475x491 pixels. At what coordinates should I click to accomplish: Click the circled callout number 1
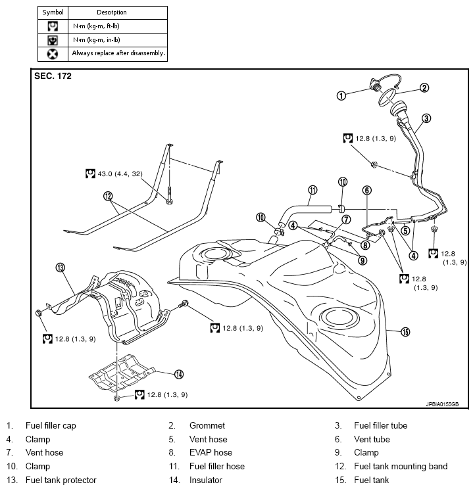pos(341,95)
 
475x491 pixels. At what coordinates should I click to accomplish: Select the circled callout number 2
pos(425,87)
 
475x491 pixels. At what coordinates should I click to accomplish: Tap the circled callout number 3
pos(426,118)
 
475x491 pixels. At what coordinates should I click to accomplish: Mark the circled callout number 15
pos(405,333)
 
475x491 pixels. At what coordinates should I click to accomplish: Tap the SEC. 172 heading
pos(53,76)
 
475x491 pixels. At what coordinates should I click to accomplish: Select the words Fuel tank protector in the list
pos(61,480)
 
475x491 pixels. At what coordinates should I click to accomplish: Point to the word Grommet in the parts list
pos(207,425)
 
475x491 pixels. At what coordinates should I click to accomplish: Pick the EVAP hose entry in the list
pos(211,452)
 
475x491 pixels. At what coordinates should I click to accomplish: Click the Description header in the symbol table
pos(112,12)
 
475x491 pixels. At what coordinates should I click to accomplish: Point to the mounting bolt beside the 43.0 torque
pos(170,194)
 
